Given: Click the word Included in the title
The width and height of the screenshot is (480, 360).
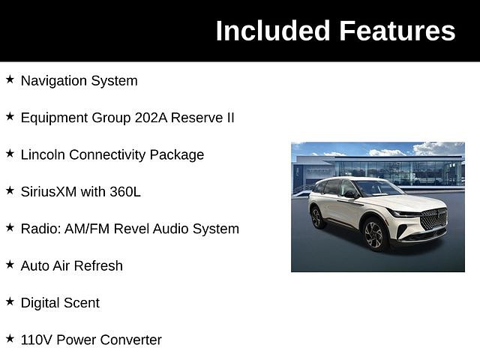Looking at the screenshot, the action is tap(273, 31).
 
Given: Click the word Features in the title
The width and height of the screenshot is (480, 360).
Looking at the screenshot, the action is tap(397, 31).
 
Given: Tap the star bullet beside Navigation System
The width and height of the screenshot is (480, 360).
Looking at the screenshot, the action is tap(10, 79).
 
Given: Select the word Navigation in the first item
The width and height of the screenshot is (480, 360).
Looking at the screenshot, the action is tap(54, 82).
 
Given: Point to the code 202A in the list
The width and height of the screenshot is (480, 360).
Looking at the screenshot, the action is tap(151, 118).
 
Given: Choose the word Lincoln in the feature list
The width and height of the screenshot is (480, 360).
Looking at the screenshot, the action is tap(43, 154).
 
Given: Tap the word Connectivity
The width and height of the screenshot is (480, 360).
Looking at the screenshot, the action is tap(107, 155).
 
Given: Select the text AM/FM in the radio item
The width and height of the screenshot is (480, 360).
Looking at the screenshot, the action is tap(87, 229).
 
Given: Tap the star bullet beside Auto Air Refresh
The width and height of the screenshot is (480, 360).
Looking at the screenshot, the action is tap(10, 265).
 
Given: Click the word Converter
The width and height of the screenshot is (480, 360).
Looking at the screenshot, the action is tap(130, 340).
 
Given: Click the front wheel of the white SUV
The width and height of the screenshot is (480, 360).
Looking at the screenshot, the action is tap(374, 235).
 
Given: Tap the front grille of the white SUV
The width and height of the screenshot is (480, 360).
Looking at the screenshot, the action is tap(433, 219).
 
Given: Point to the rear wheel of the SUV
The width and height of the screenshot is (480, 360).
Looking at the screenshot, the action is tap(316, 218).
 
